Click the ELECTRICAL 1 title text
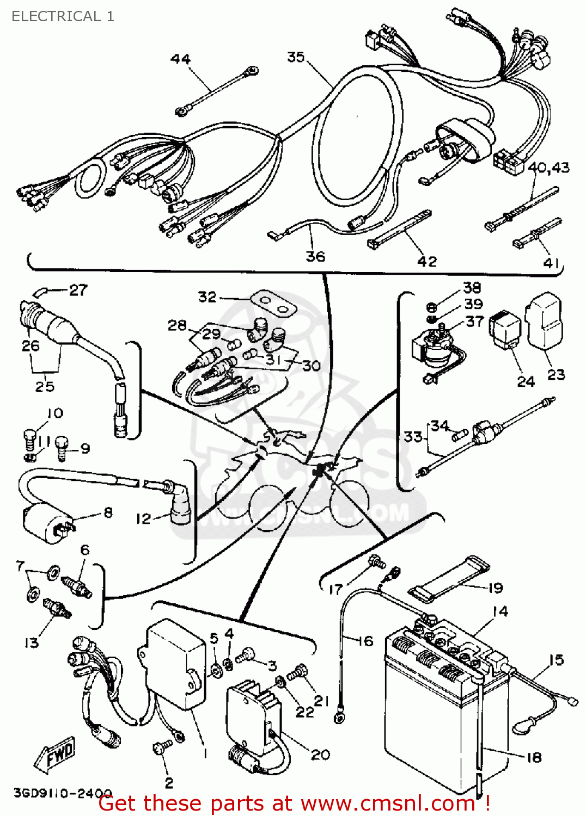(63, 16)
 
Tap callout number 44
(181, 59)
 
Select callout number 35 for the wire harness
(296, 57)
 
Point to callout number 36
(315, 256)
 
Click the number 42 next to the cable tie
(427, 262)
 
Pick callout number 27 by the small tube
(78, 290)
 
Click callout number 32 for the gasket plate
(207, 297)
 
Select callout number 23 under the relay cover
(556, 374)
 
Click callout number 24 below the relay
(526, 381)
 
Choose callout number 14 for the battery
(500, 611)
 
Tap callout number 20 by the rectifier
(320, 755)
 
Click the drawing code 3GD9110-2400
(63, 793)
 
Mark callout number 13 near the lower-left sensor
(32, 643)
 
